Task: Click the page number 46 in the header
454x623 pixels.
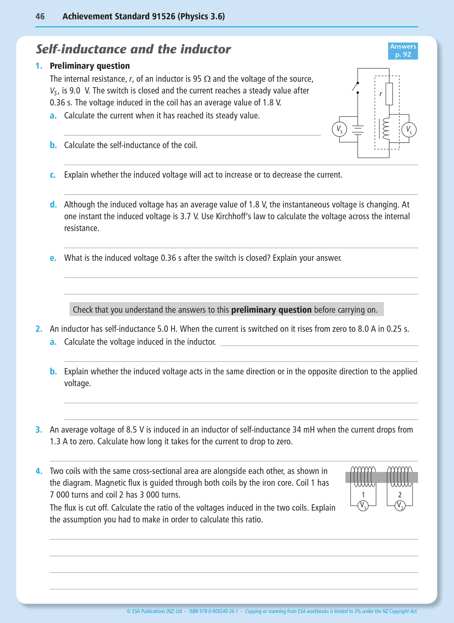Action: (x=40, y=16)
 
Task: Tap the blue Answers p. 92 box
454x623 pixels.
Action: (x=403, y=51)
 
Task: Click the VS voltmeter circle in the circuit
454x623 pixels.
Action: (x=339, y=129)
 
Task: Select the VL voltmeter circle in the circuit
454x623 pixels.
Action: (x=409, y=130)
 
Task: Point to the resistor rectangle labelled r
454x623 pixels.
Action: (x=389, y=94)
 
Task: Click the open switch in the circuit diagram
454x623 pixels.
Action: (x=356, y=87)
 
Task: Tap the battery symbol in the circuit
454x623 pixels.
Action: (x=358, y=130)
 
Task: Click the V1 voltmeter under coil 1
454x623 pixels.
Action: (x=363, y=506)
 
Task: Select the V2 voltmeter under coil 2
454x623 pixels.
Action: (x=400, y=506)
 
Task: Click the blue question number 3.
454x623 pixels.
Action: (x=39, y=430)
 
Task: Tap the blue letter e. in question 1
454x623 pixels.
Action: (x=53, y=258)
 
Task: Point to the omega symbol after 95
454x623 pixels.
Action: (x=207, y=79)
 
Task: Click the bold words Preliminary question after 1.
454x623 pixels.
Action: (x=90, y=66)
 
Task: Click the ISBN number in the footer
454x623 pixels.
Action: (x=213, y=611)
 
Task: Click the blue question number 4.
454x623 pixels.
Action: (x=39, y=471)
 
